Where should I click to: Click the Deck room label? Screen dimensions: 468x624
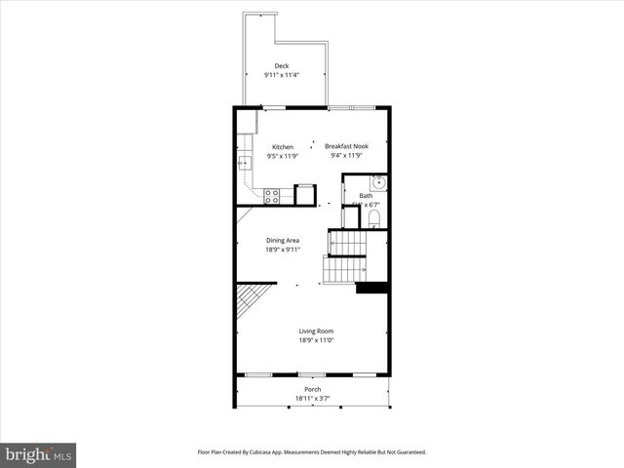pos(282,66)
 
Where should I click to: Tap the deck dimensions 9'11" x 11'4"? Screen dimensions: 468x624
pos(282,75)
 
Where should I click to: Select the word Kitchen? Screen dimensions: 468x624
pos(283,147)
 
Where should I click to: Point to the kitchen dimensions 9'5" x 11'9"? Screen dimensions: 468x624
pos(283,156)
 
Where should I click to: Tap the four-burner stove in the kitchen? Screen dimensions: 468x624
pos(272,196)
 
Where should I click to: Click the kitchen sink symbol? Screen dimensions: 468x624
pos(243,165)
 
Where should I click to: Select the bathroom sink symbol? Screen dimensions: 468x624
pos(378,182)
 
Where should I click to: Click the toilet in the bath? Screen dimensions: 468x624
pos(374,217)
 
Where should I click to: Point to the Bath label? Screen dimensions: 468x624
pos(366,196)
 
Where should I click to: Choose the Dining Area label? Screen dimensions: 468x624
pos(283,240)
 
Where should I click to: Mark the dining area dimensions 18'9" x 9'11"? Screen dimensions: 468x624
pos(283,250)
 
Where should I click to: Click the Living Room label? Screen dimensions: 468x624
pos(316,331)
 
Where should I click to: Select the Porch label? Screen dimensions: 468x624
pos(312,389)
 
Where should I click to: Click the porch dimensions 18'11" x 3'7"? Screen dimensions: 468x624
pos(312,398)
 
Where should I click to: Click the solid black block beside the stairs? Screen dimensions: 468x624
pos(371,288)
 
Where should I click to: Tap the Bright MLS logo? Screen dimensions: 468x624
pos(39,454)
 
